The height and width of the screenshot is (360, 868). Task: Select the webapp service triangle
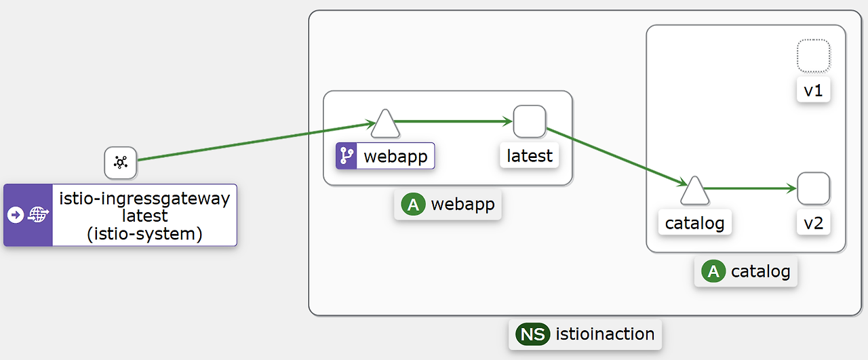tap(384, 123)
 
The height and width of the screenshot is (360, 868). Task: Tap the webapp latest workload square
tap(530, 122)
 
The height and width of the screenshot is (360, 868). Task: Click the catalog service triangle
tap(694, 191)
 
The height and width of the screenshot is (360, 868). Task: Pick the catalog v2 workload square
tap(813, 188)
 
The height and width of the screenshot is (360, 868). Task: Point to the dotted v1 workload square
tap(813, 56)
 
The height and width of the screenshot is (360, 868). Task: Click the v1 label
tap(813, 91)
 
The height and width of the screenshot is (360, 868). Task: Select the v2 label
tap(813, 223)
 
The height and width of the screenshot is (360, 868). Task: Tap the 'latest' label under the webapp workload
tap(530, 156)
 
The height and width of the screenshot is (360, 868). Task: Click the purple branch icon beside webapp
tap(347, 156)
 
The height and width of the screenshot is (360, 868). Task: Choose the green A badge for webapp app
tap(413, 204)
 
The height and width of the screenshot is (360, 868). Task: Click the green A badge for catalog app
tap(713, 272)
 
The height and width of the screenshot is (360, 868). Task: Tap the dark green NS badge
tap(532, 334)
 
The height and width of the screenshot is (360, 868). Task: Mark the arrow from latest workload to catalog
tap(614, 155)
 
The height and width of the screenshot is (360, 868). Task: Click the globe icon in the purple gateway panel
tap(39, 215)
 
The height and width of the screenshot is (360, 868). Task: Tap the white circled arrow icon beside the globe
tap(16, 215)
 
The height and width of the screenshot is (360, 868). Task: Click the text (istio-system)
tap(144, 234)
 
